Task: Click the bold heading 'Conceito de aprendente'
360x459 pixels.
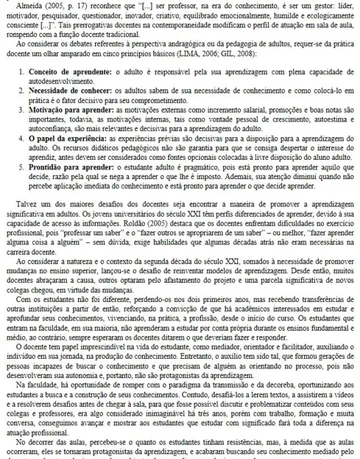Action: click(x=60, y=74)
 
